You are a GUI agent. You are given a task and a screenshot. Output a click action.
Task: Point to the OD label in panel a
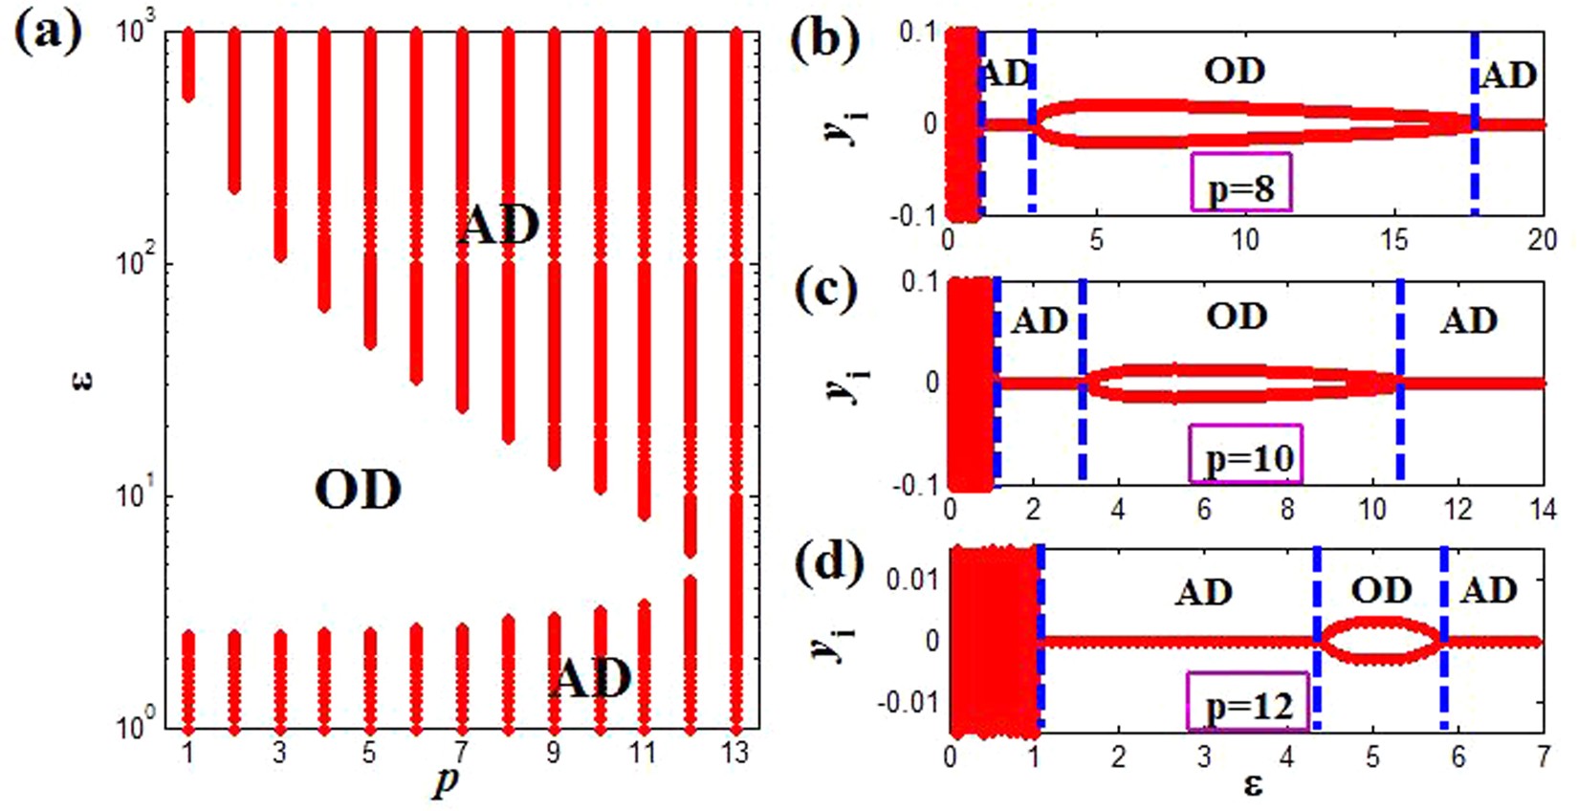point(358,491)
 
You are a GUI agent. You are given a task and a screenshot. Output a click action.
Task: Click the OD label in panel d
point(1381,590)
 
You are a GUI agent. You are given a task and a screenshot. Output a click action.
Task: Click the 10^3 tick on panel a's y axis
point(142,31)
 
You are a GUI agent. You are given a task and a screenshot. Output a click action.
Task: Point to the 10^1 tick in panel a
point(142,495)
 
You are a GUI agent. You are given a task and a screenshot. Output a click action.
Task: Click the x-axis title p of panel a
point(446,782)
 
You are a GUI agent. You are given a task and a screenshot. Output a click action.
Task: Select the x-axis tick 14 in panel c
point(1542,509)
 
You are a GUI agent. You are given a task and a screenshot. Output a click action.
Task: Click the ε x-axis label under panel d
point(1253,786)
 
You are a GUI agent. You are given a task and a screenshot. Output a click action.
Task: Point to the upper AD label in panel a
point(497,227)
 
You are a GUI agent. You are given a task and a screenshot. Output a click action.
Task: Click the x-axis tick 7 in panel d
point(1542,757)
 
